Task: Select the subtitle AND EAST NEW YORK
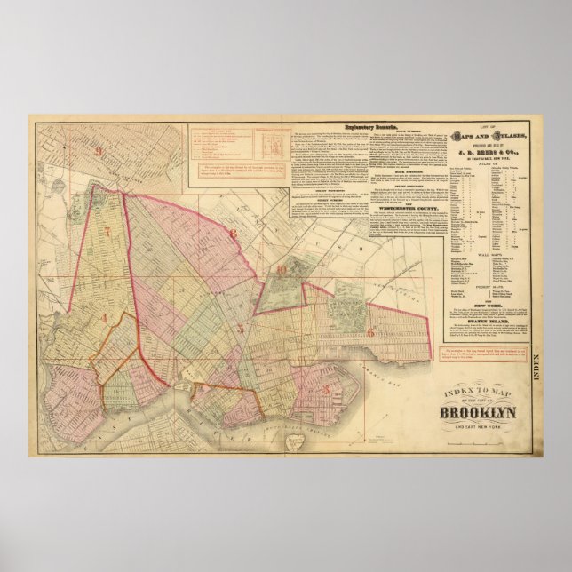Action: [481, 428]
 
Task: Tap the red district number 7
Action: [107, 233]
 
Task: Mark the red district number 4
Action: [102, 318]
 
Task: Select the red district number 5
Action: [240, 328]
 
